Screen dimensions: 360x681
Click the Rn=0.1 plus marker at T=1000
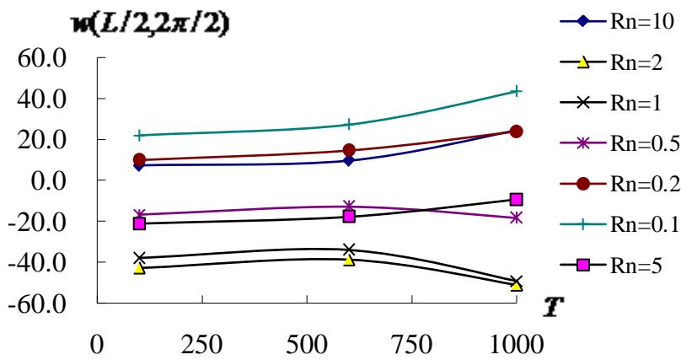tap(516, 91)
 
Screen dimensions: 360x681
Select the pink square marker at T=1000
tap(516, 200)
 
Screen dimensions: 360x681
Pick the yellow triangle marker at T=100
tap(139, 268)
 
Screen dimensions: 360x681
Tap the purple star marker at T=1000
tap(516, 218)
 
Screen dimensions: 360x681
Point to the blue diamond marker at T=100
tap(139, 165)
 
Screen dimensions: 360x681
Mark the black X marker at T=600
tap(348, 250)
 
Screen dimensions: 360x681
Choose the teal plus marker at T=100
tap(139, 135)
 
